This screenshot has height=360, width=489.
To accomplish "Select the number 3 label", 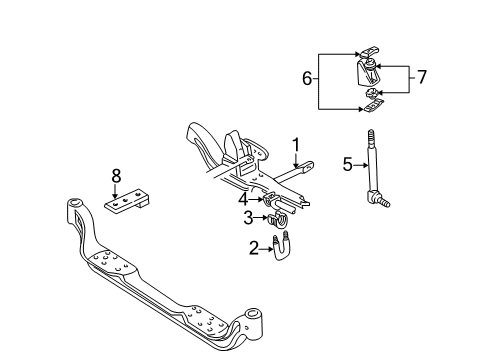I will click(x=246, y=218).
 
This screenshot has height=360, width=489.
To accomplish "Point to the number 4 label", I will click(x=243, y=198).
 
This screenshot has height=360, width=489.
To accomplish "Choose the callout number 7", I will click(x=422, y=76).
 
